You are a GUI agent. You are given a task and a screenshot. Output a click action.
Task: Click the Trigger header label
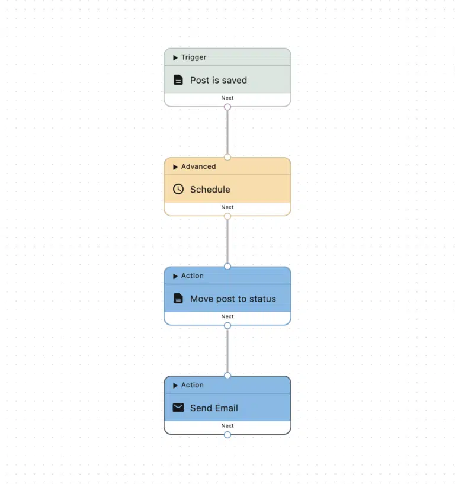[x=194, y=57]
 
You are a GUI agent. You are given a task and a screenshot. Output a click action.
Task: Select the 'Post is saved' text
[x=219, y=80]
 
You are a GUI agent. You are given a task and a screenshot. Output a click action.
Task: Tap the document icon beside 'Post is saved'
[x=178, y=80]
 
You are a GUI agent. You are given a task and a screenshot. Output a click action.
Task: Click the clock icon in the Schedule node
[x=178, y=189]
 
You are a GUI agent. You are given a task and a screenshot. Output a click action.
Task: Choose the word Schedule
[x=210, y=190]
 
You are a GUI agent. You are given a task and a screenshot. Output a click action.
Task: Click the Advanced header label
[x=198, y=166]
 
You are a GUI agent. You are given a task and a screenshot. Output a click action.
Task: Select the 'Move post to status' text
[x=233, y=299]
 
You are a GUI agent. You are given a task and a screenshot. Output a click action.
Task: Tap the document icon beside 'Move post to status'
[x=178, y=299]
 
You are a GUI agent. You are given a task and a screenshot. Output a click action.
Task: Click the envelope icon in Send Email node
[x=178, y=408]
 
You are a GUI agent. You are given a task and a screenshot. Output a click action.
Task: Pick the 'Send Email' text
[x=214, y=408]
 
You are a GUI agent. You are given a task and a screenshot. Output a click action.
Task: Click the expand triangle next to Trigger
[x=175, y=57]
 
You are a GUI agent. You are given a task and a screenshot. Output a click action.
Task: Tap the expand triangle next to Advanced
[x=175, y=167]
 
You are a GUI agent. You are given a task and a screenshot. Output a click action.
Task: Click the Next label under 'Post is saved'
[x=227, y=98]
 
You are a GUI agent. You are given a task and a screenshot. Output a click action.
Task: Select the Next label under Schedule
[x=227, y=207]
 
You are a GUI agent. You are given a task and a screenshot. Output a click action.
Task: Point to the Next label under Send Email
[x=227, y=426]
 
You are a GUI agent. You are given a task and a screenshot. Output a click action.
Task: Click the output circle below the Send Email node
[x=227, y=435]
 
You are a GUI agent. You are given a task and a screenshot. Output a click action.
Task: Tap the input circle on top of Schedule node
[x=227, y=157]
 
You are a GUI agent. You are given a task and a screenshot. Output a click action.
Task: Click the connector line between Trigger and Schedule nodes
[x=227, y=132]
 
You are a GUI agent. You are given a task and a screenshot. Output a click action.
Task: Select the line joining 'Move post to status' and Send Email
[x=227, y=351]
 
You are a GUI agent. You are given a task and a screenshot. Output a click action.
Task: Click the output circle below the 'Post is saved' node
[x=227, y=107]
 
